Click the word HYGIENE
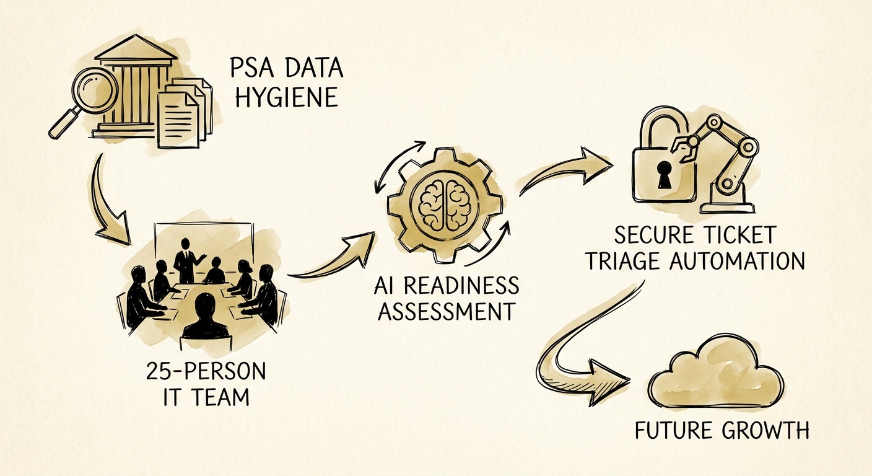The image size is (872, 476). point(287,97)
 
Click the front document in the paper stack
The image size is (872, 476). point(178,121)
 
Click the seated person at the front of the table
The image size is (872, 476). point(206,317)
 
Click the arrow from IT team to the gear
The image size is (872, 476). point(333,257)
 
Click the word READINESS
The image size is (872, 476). point(461,286)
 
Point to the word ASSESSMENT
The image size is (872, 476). point(447,311)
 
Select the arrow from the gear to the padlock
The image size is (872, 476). point(567,172)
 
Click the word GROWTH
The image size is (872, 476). point(765,430)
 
